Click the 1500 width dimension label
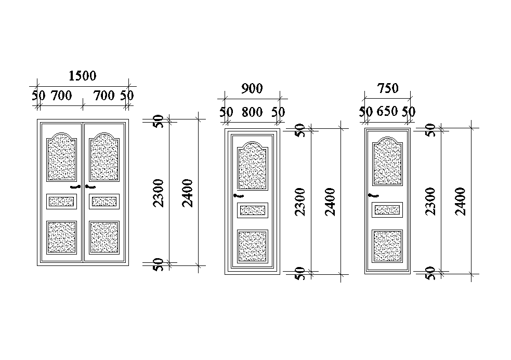(83, 76)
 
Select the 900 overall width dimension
(252, 89)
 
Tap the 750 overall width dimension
(388, 89)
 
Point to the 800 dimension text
(252, 112)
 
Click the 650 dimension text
(387, 112)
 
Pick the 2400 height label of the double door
(188, 193)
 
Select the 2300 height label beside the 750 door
(431, 202)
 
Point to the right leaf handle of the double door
(90, 186)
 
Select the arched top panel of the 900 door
(252, 166)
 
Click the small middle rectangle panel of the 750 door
(388, 210)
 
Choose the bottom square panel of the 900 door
(252, 246)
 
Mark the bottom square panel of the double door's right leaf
(104, 237)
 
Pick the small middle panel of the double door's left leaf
(62, 201)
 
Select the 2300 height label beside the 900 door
(300, 202)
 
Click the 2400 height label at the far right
(460, 202)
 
